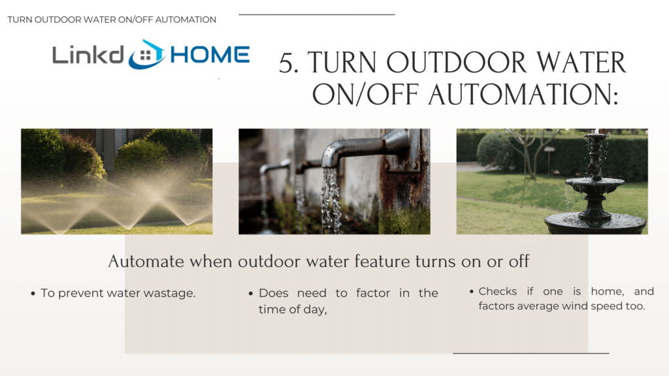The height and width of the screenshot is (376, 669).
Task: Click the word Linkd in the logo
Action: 88,55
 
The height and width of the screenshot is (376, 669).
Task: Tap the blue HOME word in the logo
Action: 210,55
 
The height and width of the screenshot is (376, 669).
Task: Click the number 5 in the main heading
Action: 289,63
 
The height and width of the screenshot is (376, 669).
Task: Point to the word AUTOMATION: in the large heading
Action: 523,94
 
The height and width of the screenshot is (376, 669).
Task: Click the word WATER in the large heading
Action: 581,63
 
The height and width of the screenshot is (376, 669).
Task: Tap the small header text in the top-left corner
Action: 112,20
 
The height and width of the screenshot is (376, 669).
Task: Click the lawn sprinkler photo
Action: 116,181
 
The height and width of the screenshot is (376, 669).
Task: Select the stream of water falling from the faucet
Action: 331,199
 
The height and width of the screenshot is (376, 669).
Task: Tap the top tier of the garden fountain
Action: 596,137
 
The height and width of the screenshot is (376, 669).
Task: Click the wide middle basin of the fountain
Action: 595,185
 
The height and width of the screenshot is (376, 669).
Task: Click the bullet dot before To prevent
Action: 33,294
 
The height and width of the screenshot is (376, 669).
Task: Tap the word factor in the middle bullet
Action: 373,293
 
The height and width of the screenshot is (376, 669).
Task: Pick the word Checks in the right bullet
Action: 497,291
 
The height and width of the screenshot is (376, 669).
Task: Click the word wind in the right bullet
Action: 574,305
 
